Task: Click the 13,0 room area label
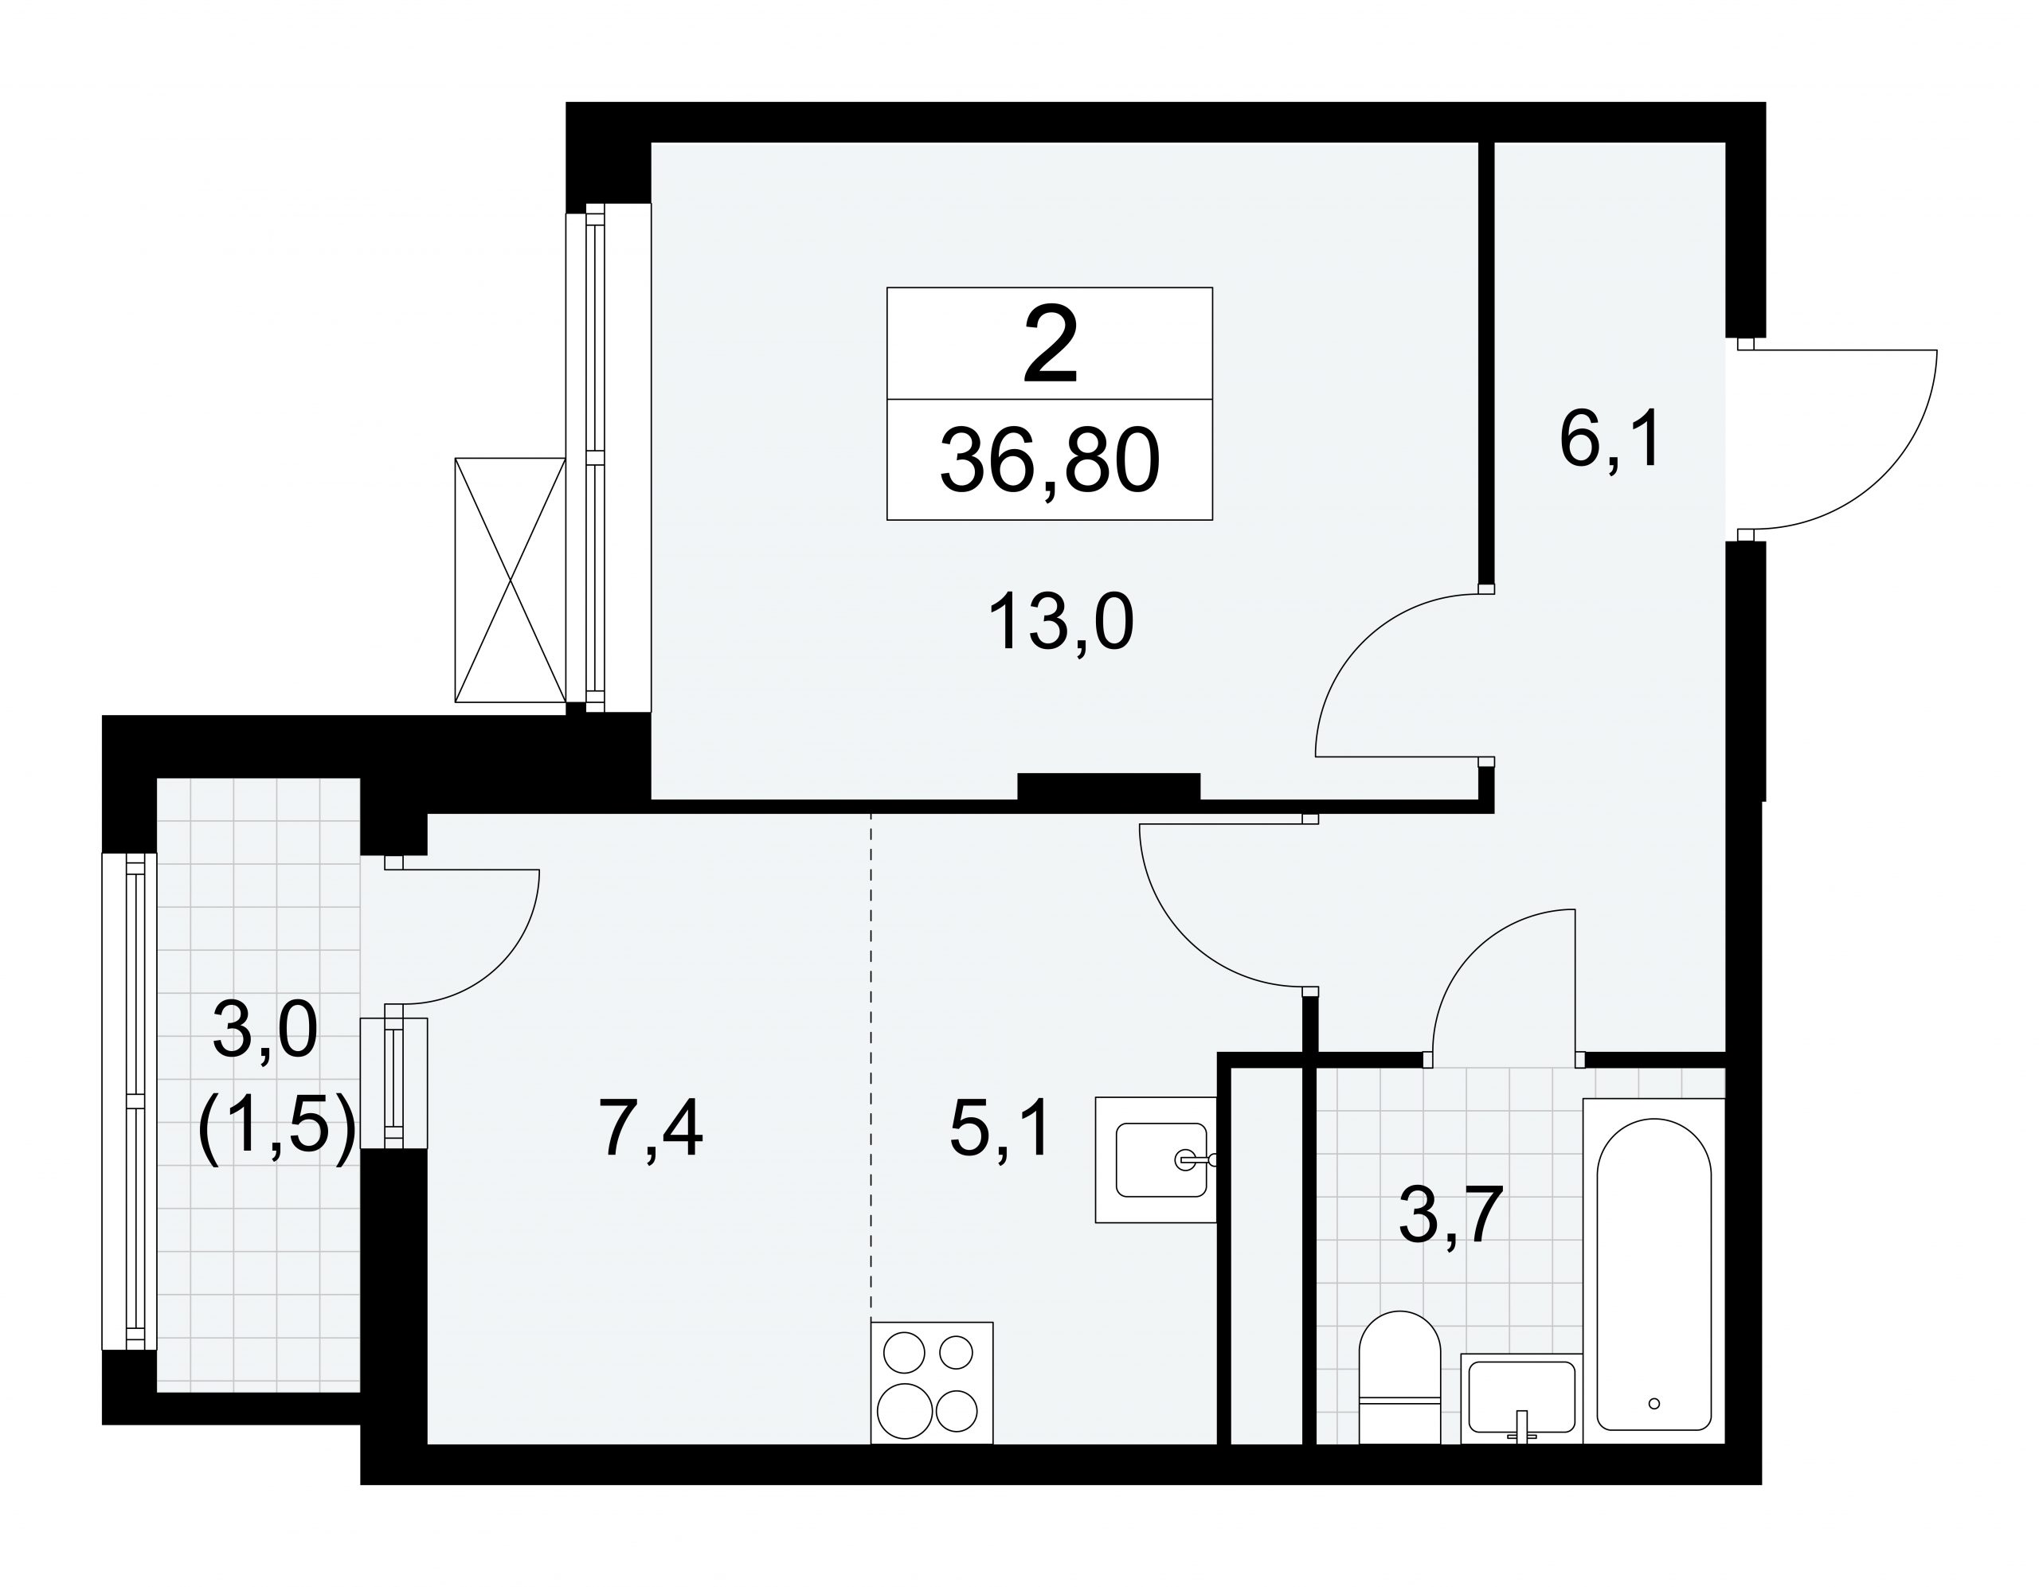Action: pos(1061,623)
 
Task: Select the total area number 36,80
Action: pos(1050,461)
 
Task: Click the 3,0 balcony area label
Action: pos(266,1030)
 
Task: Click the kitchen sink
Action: pos(1156,1159)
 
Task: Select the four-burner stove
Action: pos(932,1382)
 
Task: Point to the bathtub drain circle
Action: pos(1654,1403)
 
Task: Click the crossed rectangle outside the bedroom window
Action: pos(510,580)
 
